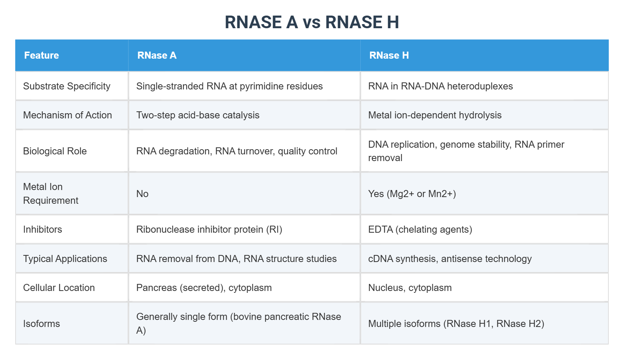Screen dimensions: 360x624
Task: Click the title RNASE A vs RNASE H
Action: click(x=312, y=22)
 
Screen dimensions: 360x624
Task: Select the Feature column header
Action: click(x=42, y=55)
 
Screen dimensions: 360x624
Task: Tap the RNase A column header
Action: click(x=157, y=55)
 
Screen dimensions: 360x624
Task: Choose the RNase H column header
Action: click(x=389, y=55)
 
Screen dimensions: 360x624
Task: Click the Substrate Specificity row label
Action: click(x=67, y=86)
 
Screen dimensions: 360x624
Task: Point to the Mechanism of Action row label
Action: click(x=68, y=115)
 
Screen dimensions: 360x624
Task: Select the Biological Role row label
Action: click(x=55, y=151)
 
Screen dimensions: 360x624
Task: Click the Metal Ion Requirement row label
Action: click(x=51, y=193)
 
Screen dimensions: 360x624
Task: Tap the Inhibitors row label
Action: click(x=43, y=229)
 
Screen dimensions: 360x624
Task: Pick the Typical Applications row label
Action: click(x=65, y=259)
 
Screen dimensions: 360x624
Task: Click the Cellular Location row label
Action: click(x=59, y=288)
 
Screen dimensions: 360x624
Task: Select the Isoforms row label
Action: click(x=42, y=324)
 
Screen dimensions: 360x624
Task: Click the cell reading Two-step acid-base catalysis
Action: click(x=198, y=115)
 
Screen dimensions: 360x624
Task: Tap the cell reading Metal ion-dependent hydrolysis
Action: click(x=435, y=115)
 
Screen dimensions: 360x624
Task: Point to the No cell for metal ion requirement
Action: click(x=142, y=194)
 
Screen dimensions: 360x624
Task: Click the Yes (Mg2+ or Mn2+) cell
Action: click(x=412, y=194)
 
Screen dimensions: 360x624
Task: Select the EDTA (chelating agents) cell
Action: click(x=420, y=229)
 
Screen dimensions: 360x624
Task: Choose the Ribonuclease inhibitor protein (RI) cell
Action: click(x=209, y=229)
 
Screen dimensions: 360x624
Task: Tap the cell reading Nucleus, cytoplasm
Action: click(x=410, y=288)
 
